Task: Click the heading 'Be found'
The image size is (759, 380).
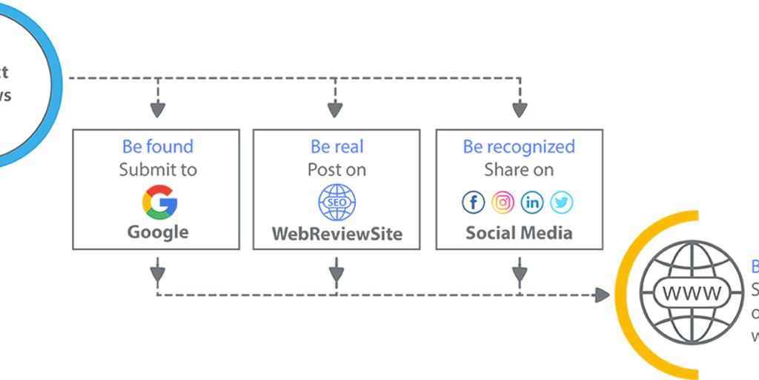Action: (x=158, y=146)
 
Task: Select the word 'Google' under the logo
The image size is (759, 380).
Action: (x=158, y=232)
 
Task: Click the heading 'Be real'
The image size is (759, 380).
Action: (x=337, y=146)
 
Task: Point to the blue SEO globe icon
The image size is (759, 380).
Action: (x=337, y=202)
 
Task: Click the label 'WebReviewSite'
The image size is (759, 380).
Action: (x=337, y=234)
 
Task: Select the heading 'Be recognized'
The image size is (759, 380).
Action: (x=519, y=146)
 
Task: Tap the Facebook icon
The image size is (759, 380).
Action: (x=473, y=202)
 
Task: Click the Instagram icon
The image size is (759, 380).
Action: (x=503, y=202)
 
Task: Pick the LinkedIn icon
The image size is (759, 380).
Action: (x=532, y=202)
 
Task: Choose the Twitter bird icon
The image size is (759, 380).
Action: (x=562, y=202)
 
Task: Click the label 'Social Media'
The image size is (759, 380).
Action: (x=519, y=233)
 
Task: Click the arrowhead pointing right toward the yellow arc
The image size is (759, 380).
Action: (x=601, y=295)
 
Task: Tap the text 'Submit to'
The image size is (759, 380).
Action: (x=158, y=170)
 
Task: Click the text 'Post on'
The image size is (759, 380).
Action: (x=337, y=170)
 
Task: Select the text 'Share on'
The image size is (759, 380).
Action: (x=519, y=170)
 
